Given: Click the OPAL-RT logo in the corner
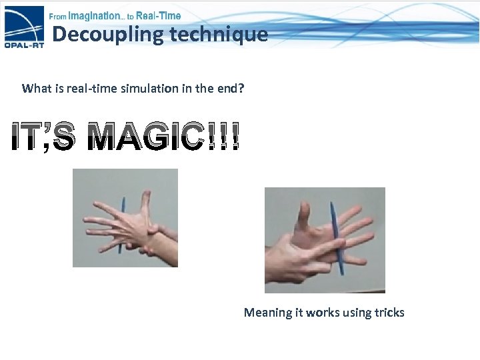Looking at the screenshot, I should pyautogui.click(x=24, y=30).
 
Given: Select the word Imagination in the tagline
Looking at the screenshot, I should pyautogui.click(x=96, y=15).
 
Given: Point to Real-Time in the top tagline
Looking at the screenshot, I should pyautogui.click(x=158, y=15).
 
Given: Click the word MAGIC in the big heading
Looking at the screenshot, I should pyautogui.click(x=145, y=138).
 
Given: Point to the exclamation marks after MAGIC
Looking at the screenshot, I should pyautogui.click(x=222, y=138).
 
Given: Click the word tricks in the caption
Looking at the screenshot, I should pyautogui.click(x=389, y=312).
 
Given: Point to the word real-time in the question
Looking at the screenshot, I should pyautogui.click(x=90, y=88).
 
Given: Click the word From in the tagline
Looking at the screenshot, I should pyautogui.click(x=57, y=16).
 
